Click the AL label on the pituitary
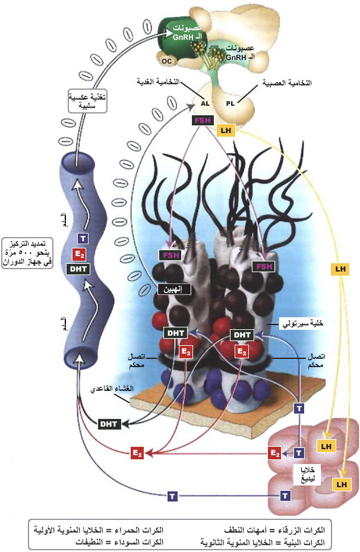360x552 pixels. (206, 102)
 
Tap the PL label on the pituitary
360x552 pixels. (230, 102)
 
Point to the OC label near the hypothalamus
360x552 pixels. (166, 60)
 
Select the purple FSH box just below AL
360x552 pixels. (201, 120)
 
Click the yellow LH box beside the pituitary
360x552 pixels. (225, 130)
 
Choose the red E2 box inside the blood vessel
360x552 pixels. (79, 254)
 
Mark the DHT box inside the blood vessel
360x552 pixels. (79, 269)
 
